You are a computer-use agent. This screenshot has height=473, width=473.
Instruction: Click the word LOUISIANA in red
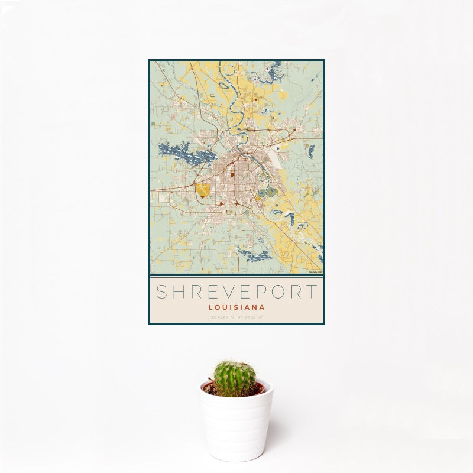(237, 307)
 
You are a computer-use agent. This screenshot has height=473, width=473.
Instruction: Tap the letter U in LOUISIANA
(225, 307)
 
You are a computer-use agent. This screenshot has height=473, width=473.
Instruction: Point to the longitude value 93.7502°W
(250, 318)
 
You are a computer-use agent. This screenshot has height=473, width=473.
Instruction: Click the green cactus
(234, 378)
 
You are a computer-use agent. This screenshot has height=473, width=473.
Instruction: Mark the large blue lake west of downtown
(186, 154)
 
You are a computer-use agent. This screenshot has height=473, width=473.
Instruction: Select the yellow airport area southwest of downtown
(203, 190)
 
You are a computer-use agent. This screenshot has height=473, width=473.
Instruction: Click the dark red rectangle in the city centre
(233, 174)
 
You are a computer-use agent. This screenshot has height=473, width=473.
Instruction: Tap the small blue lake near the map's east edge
(310, 151)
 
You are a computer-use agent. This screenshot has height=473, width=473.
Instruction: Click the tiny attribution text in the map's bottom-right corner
(315, 272)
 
